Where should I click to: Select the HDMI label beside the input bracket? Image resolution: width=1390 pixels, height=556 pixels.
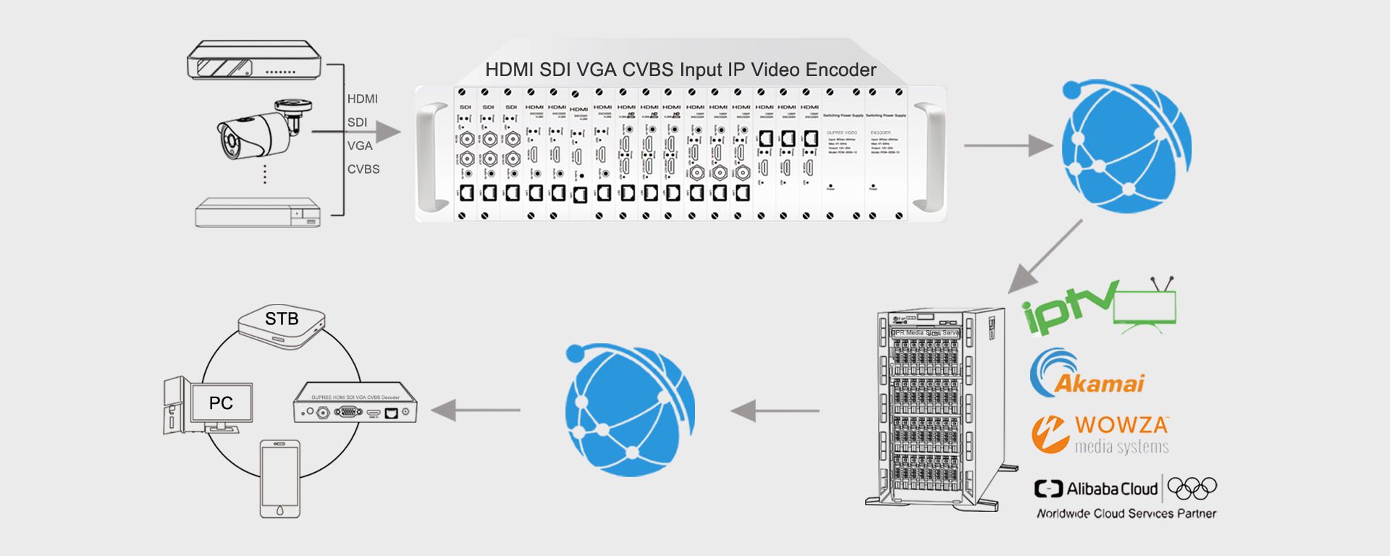tap(362, 98)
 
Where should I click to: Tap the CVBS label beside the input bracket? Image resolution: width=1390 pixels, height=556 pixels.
tap(363, 169)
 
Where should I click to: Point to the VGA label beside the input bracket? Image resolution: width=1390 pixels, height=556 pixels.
tap(360, 146)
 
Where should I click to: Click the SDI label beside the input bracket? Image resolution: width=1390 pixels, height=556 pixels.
tap(357, 122)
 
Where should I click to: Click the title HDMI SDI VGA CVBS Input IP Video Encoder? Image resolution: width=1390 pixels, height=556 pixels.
tap(681, 69)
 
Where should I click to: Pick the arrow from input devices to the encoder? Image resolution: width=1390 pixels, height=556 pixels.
tap(362, 132)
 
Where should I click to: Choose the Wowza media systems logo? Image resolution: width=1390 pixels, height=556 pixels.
tap(1100, 434)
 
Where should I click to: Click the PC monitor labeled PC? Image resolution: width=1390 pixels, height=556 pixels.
tap(221, 403)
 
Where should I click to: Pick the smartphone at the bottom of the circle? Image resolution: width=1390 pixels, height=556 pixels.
tap(280, 478)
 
